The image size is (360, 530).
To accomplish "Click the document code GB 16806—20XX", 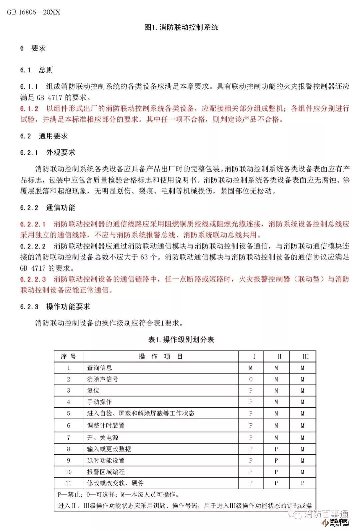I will coord(34,12).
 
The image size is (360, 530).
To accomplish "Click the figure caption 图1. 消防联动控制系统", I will coord(181,27).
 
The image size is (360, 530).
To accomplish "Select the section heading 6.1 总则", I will coord(37,70).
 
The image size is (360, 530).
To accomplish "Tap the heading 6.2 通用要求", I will coord(44,136).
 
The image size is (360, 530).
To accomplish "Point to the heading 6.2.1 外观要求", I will coord(48,152).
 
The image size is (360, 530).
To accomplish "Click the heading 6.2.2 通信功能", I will coord(48,207).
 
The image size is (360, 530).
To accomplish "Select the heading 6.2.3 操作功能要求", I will coord(55,307).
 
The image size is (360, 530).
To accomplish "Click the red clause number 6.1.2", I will coord(29,108).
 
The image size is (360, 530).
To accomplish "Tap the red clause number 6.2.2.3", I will coord(33,279).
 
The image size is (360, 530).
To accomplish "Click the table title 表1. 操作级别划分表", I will coord(181,340).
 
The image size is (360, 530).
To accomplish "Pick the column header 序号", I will coord(68,357).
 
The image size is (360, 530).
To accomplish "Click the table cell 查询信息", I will coord(99,368).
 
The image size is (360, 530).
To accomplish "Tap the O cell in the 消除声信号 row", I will coord(251,379).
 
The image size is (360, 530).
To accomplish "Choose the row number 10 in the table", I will coord(68,472).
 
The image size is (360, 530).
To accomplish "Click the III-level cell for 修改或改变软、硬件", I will coord(302,483).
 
